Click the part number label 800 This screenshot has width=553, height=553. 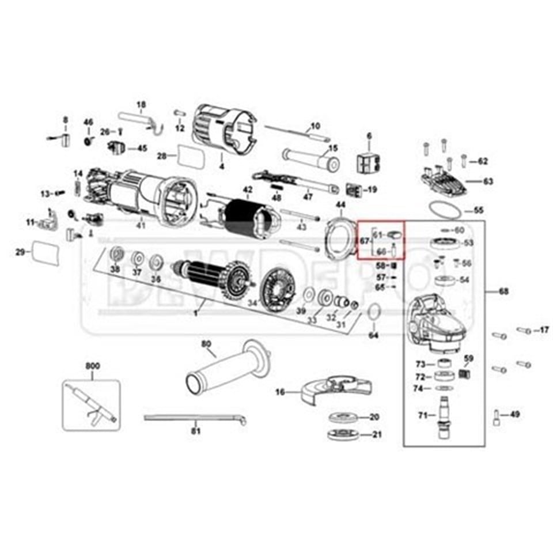92,365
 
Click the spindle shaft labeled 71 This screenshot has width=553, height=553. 444,415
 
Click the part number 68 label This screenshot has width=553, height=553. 503,291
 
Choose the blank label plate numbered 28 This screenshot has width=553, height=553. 191,156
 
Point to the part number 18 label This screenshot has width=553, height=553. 141,104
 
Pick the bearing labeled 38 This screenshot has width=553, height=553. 116,254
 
